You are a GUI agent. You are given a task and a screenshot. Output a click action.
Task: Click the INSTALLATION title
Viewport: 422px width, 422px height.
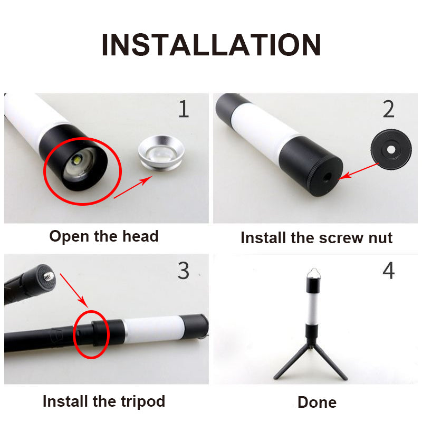211,45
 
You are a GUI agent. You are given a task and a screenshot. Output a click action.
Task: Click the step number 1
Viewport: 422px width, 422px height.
184,109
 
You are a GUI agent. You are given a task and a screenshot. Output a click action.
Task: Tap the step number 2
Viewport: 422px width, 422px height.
389,109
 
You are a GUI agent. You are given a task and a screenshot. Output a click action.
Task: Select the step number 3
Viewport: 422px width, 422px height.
183,271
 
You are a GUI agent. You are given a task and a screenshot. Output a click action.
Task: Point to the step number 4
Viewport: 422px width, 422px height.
389,271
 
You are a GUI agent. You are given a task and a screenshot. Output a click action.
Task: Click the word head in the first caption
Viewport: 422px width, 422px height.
140,236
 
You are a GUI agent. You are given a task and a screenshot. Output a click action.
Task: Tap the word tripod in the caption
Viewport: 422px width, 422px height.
142,402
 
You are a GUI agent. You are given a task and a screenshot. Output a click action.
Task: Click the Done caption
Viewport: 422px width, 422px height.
317,402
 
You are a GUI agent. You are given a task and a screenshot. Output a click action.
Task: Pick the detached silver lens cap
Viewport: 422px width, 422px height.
161,153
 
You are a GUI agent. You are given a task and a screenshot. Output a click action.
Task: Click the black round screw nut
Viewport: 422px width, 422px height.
391,149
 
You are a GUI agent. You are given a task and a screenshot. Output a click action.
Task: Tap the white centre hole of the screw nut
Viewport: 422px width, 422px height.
391,150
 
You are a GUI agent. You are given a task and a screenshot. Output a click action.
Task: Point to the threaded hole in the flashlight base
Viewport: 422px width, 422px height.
327,177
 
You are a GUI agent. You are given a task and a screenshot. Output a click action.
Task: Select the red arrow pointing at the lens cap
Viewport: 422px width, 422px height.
133,187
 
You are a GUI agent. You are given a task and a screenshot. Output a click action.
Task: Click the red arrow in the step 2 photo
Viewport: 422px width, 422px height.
359,171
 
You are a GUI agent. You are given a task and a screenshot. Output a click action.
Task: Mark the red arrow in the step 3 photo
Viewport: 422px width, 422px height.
74,291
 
